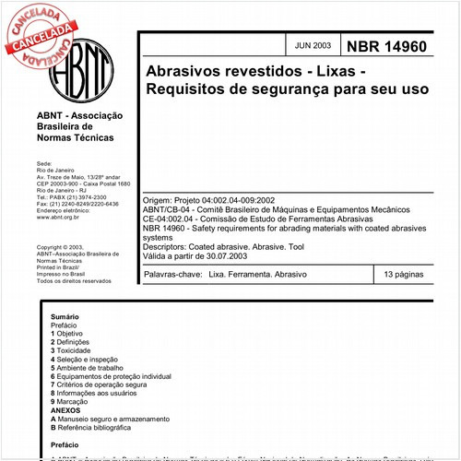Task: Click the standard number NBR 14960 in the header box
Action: [386, 45]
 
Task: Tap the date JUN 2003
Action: [312, 45]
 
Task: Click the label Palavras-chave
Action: [173, 275]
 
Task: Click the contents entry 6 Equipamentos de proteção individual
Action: [111, 376]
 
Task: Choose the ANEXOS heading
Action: [67, 409]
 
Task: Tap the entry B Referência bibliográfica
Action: [100, 427]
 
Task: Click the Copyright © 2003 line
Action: [60, 248]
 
